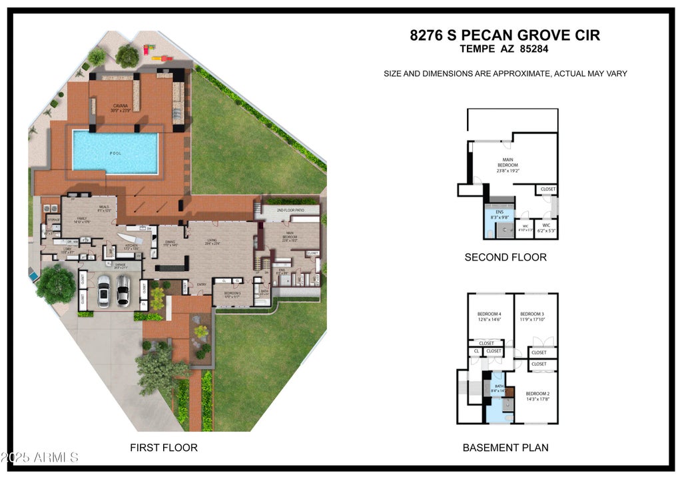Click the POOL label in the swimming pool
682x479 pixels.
(116, 153)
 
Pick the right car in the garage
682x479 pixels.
(123, 290)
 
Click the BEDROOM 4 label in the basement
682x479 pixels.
(489, 314)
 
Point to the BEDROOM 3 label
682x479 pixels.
(532, 314)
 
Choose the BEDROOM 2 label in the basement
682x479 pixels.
(537, 394)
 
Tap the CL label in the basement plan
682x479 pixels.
(476, 351)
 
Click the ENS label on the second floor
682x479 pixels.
(500, 212)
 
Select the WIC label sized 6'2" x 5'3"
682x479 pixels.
(546, 225)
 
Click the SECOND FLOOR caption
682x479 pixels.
(506, 257)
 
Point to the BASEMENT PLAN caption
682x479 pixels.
(506, 448)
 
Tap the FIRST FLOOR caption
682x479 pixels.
(163, 448)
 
